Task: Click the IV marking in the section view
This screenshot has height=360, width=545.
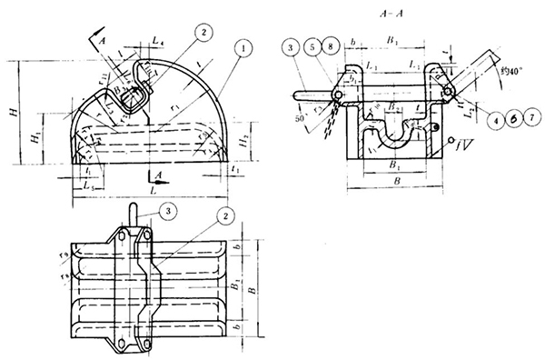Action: (x=462, y=143)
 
